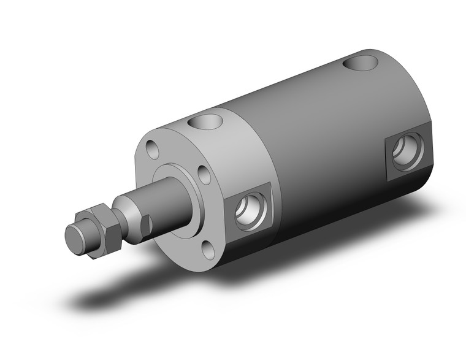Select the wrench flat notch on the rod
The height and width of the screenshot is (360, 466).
pyautogui.click(x=145, y=224)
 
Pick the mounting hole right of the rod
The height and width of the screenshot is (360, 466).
pyautogui.click(x=204, y=175)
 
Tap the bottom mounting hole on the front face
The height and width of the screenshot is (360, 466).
pyautogui.click(x=209, y=250)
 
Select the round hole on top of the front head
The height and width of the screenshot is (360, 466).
pyautogui.click(x=204, y=121)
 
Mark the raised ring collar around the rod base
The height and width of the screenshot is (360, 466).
pyautogui.click(x=184, y=178)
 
